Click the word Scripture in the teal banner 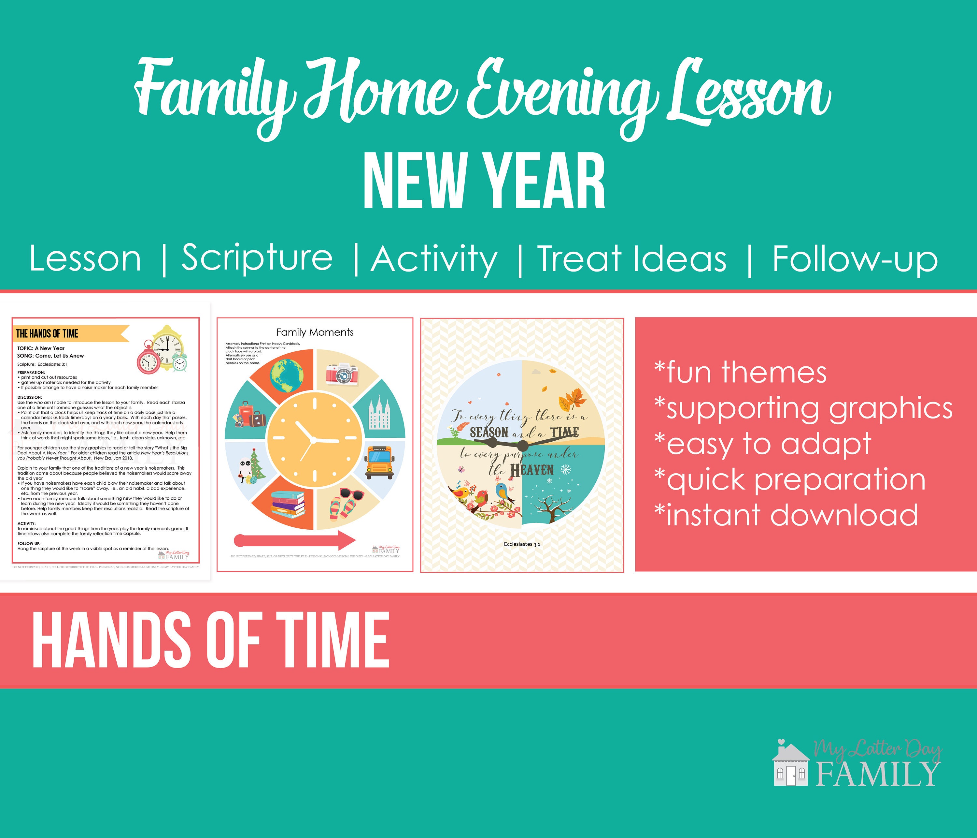pyautogui.click(x=257, y=258)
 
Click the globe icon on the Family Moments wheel pyautogui.click(x=287, y=375)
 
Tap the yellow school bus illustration pyautogui.click(x=380, y=463)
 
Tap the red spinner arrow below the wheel pyautogui.click(x=295, y=540)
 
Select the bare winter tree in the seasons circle pyautogui.click(x=551, y=509)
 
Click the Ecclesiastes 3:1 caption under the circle pyautogui.click(x=522, y=544)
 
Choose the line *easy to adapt pyautogui.click(x=762, y=444)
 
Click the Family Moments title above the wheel pyautogui.click(x=315, y=332)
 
